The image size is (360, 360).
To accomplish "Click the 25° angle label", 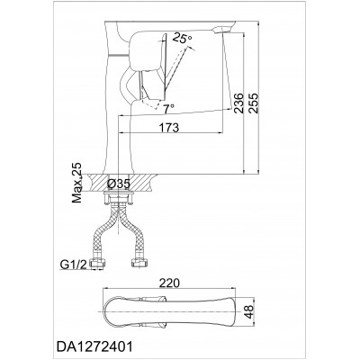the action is point(183,39).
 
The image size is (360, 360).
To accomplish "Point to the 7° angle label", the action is point(169,108).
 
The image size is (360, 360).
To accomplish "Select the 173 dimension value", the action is point(169,128).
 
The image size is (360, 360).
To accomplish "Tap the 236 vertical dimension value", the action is point(238,103).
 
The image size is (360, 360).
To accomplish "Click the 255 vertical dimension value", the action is point(254,103).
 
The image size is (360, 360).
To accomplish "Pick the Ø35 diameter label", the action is point(119,184).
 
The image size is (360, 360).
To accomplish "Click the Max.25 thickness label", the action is point(76,183).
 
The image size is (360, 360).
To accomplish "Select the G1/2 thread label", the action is point(74,264).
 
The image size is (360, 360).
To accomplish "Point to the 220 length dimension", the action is point(169,283).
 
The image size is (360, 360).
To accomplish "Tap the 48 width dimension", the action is point(248,312).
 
